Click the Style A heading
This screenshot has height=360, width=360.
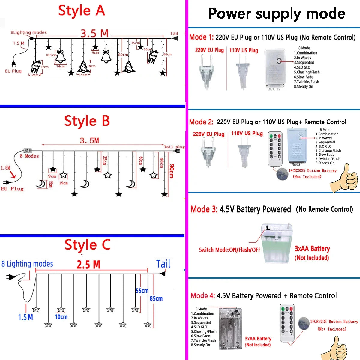82,11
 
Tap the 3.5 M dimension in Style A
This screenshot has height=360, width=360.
94,33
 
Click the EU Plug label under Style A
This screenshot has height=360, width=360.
13,71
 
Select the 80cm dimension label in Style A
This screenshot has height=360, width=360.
123,55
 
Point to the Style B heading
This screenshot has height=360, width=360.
87,121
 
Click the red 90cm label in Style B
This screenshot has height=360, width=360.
172,171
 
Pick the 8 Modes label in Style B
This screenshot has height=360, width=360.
29,156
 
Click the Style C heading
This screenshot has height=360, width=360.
88,245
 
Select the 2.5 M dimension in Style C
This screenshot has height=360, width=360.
88,265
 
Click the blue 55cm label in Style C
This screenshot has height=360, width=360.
142,291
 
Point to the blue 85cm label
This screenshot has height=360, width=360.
156,298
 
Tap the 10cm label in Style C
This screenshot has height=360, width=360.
61,317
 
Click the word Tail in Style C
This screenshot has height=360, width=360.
163,264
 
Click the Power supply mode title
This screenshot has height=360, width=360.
277,14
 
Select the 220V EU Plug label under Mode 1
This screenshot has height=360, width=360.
209,50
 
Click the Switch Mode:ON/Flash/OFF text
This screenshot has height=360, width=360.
230,250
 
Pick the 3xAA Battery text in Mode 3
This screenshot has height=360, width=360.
312,249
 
